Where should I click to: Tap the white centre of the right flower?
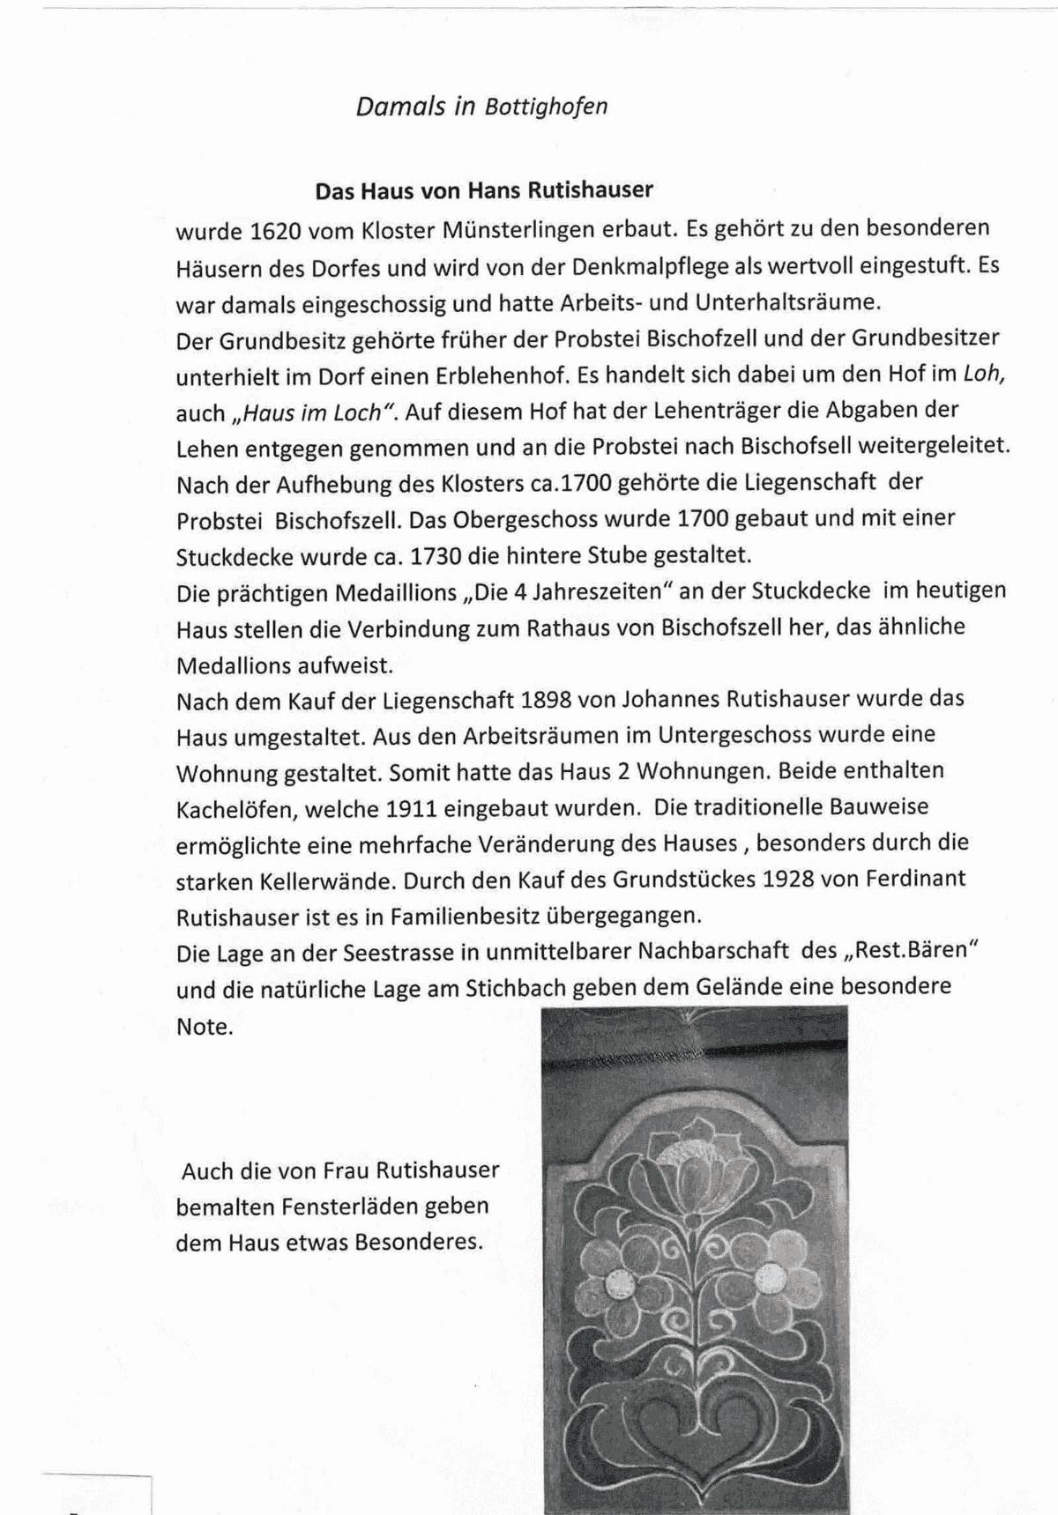[769, 1274]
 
